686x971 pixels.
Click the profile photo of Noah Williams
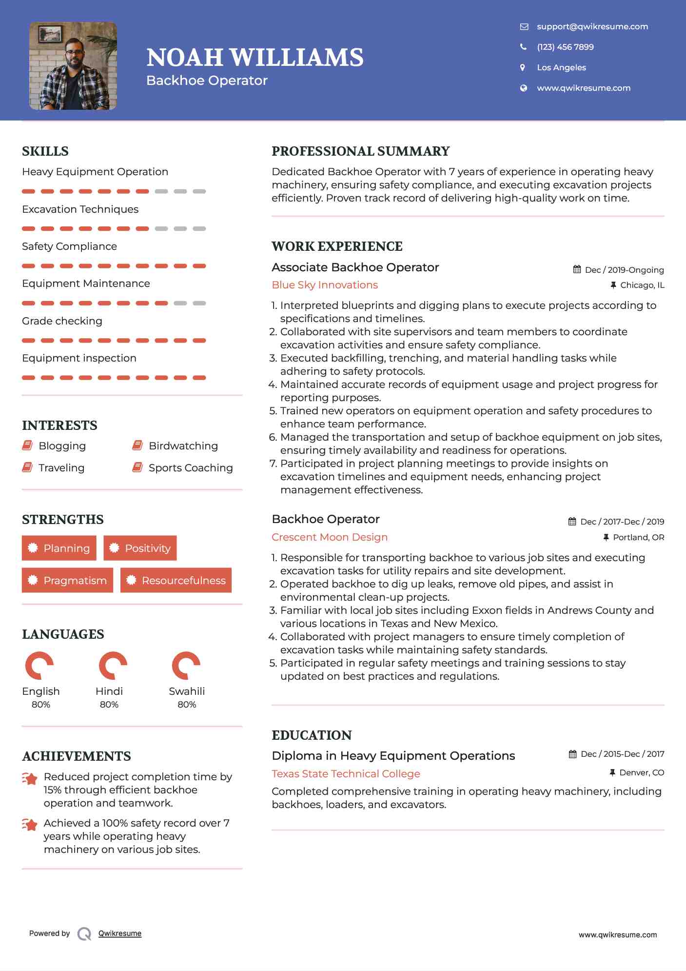[x=73, y=66]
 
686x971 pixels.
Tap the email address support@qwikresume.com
[x=592, y=26]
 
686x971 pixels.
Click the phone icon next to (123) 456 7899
[x=523, y=47]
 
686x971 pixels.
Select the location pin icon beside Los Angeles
[x=523, y=67]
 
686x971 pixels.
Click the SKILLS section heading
[x=45, y=151]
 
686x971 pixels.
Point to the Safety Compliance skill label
[x=69, y=246]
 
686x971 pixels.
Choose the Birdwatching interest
[x=183, y=446]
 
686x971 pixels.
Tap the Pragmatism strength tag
[x=67, y=580]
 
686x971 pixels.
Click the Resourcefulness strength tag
[x=176, y=580]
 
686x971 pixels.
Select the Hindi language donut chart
[x=113, y=666]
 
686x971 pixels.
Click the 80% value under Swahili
[x=187, y=705]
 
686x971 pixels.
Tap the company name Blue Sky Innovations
[x=325, y=285]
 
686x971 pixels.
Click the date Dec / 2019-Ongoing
[x=624, y=270]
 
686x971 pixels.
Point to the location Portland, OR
[x=638, y=537]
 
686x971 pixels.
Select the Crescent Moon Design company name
[x=330, y=537]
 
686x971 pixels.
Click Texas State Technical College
[x=346, y=774]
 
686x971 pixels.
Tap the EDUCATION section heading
[x=312, y=735]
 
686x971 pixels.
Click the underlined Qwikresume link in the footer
[x=120, y=933]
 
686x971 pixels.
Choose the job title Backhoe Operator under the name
[x=207, y=81]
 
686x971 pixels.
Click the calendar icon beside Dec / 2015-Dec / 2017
[x=573, y=754]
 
